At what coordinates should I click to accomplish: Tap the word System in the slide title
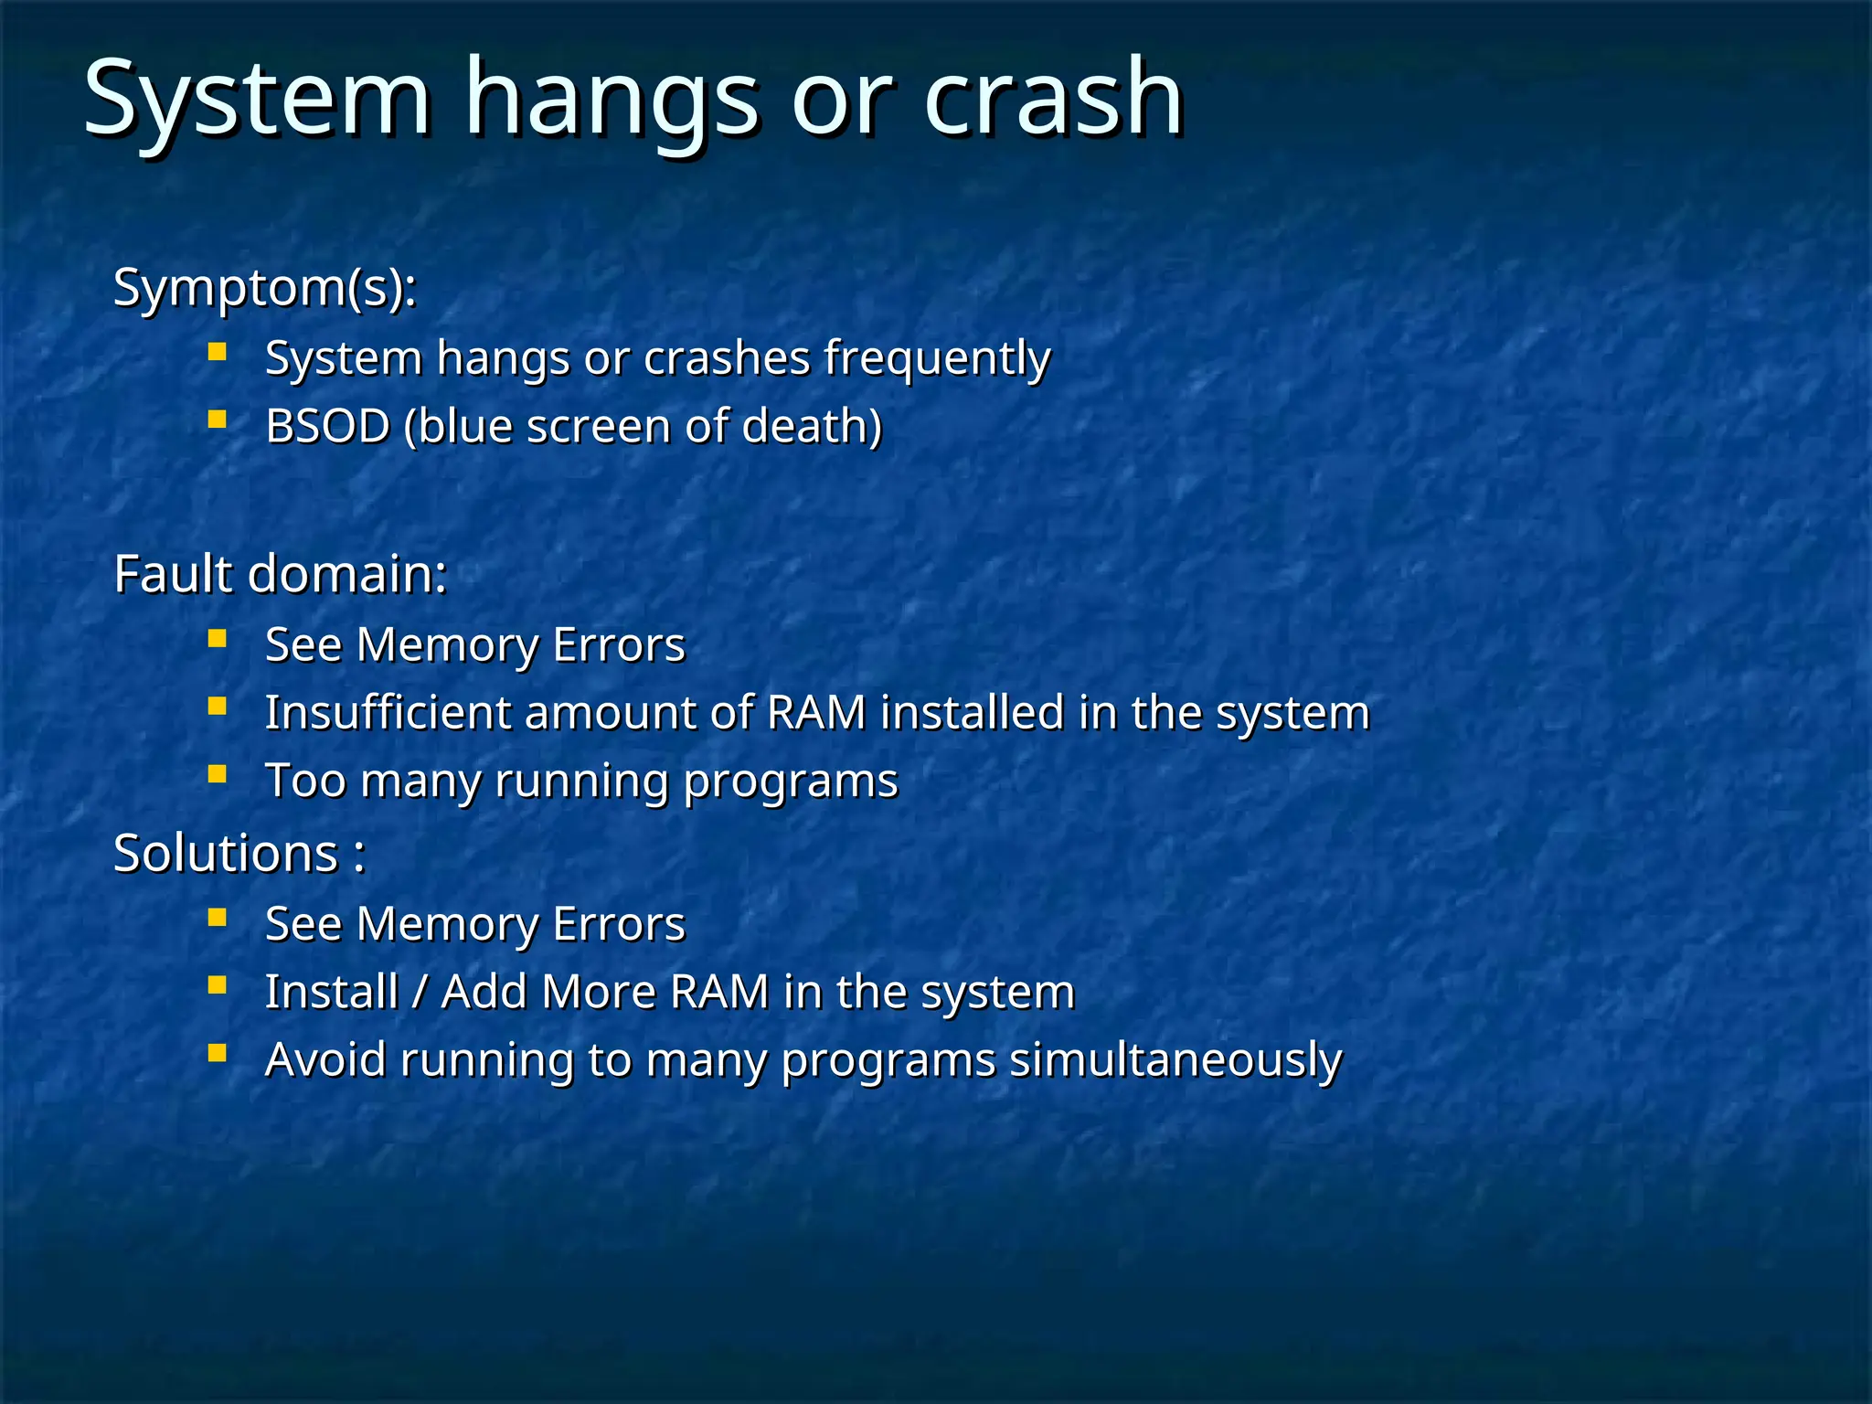pos(256,99)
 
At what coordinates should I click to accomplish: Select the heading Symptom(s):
pos(265,289)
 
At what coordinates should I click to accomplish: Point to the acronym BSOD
pos(327,426)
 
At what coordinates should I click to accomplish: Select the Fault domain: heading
pos(280,575)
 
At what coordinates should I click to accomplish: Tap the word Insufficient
pos(388,713)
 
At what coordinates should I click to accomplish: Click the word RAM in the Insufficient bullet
pos(816,713)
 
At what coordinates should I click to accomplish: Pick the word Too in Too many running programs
pos(305,782)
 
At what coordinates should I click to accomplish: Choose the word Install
pos(331,992)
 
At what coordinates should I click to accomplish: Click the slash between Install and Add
pos(419,992)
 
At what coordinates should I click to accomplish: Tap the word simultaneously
pos(1175,1060)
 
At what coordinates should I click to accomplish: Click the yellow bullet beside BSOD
pos(217,420)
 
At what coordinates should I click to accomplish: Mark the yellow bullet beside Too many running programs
pos(217,775)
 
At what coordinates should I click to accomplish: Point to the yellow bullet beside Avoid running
pos(217,1054)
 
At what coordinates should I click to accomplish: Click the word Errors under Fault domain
pos(619,644)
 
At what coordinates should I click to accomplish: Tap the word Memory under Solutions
pos(448,924)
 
